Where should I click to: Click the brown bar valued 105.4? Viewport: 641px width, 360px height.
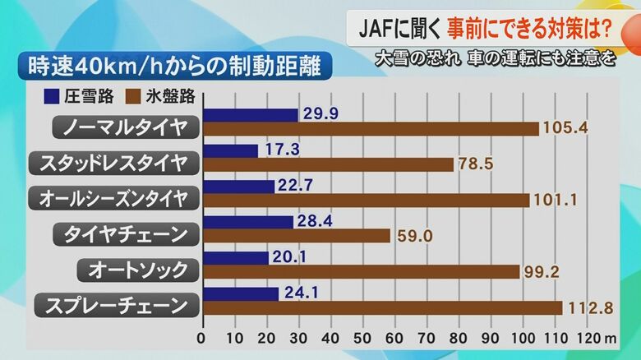click(370, 129)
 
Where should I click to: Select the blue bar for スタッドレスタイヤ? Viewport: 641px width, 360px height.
click(230, 151)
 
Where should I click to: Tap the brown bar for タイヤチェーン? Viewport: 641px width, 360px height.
click(296, 236)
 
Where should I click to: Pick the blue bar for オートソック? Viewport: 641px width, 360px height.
click(235, 258)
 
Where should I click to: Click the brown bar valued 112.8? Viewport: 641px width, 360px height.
click(382, 307)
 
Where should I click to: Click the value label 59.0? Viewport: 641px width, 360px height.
click(411, 237)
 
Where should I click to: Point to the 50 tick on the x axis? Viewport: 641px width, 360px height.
click(362, 338)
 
